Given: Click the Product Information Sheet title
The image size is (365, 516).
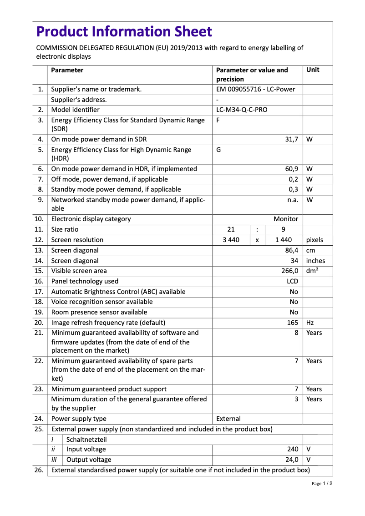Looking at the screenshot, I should click(x=124, y=31).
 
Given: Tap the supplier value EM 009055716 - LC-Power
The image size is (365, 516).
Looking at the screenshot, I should click(x=255, y=89).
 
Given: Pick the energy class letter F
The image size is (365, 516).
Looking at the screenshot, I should click(x=218, y=121).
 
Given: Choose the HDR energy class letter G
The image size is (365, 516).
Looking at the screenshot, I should click(x=218, y=150).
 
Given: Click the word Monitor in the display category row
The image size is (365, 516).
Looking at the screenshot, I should click(x=286, y=219).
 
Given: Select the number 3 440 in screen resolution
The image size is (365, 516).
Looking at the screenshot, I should click(x=231, y=240).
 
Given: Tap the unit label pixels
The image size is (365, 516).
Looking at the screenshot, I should click(x=314, y=240).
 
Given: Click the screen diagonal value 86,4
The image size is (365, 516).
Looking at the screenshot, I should click(x=291, y=250).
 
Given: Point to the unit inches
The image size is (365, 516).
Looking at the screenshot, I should click(x=315, y=261).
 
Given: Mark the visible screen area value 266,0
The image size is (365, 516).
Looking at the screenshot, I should click(x=289, y=271).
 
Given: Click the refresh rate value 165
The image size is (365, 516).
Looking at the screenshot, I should click(x=292, y=323).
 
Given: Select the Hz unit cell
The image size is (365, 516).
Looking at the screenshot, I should click(x=310, y=323).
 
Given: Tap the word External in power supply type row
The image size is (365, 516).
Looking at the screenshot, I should click(x=228, y=419).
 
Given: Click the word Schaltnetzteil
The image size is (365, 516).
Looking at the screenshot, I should click(x=86, y=440).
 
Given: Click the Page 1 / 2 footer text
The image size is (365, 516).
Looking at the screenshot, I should click(x=322, y=484).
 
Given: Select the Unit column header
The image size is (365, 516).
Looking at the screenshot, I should click(x=313, y=70).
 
